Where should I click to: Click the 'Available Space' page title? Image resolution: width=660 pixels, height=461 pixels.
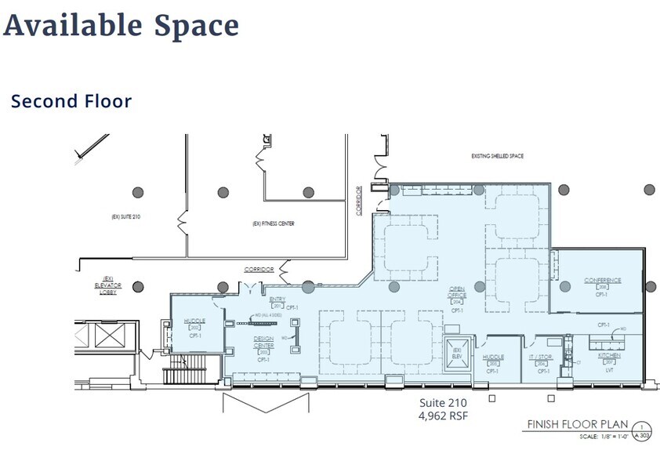tap(121, 25)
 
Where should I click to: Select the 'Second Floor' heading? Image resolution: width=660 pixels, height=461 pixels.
tap(71, 101)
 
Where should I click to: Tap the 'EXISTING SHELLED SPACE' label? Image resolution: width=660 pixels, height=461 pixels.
tap(497, 156)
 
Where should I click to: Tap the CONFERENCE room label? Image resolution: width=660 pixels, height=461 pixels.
tap(602, 280)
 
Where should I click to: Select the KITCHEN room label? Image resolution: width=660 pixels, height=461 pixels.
tap(609, 355)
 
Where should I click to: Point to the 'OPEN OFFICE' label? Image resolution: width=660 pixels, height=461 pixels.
tap(456, 293)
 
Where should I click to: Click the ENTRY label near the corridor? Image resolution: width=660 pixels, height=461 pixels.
tap(277, 299)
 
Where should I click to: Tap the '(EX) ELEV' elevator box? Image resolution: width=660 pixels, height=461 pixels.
tap(456, 350)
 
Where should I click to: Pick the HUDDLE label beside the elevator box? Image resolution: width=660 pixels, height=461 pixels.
tap(493, 357)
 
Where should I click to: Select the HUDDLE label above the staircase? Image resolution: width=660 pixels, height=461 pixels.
tap(194, 321)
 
